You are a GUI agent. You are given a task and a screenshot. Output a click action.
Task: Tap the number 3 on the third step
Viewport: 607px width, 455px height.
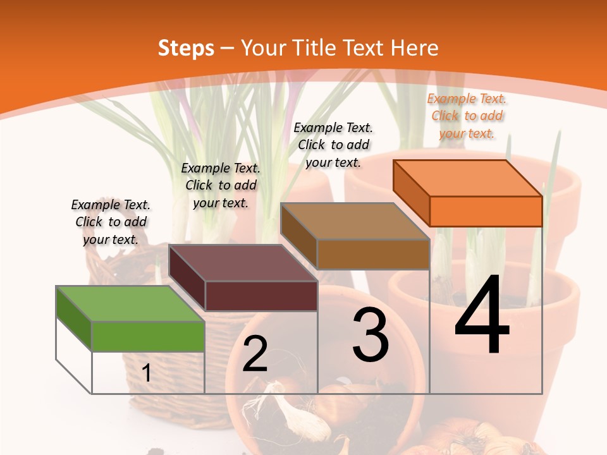click(371, 334)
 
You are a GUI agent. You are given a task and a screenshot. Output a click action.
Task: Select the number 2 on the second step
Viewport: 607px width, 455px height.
click(255, 354)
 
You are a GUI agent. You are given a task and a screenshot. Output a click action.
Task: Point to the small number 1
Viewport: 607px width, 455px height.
click(147, 373)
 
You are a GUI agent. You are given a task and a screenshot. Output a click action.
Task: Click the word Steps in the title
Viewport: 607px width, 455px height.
click(186, 48)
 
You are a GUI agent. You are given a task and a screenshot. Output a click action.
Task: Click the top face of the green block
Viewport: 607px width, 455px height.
click(130, 303)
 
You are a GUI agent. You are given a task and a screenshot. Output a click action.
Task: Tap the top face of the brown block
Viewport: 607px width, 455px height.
click(355, 221)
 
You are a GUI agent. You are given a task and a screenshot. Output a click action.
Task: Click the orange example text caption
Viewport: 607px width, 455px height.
click(467, 116)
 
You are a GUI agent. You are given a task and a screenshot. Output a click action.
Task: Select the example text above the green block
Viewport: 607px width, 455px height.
click(111, 222)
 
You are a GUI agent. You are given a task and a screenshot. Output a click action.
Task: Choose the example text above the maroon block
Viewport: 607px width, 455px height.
click(221, 185)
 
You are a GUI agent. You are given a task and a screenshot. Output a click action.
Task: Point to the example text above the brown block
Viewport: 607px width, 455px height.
click(333, 145)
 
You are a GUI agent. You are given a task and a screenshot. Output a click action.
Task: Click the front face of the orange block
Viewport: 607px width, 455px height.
click(486, 211)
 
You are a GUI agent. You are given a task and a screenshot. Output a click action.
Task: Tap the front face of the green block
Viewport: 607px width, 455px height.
click(148, 336)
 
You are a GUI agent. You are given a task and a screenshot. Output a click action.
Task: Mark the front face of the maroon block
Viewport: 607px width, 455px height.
click(261, 296)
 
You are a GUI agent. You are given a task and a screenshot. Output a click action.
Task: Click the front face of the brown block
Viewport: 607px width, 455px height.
click(373, 254)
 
